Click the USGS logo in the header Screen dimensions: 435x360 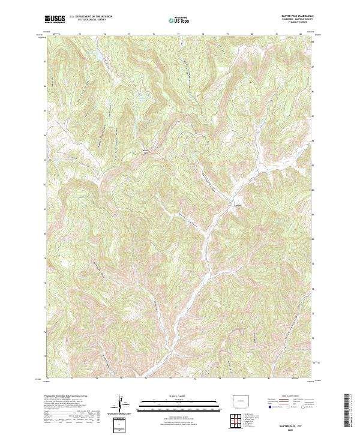tap(54, 20)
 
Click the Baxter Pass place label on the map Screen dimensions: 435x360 tap(145, 151)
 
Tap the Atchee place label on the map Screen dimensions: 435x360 tap(238, 205)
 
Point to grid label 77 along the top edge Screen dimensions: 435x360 tap(178, 34)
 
